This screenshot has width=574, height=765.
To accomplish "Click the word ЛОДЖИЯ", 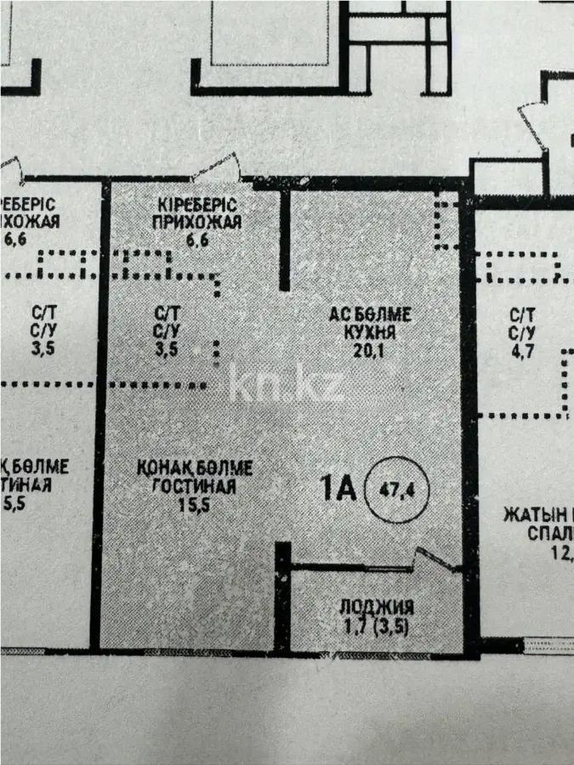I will (377, 608).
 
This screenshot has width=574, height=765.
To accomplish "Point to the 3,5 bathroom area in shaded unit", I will (168, 348).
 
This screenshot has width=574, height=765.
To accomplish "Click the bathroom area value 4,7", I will (521, 348).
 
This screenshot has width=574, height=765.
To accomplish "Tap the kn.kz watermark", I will (287, 385).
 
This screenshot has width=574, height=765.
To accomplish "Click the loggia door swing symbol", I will (438, 559).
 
